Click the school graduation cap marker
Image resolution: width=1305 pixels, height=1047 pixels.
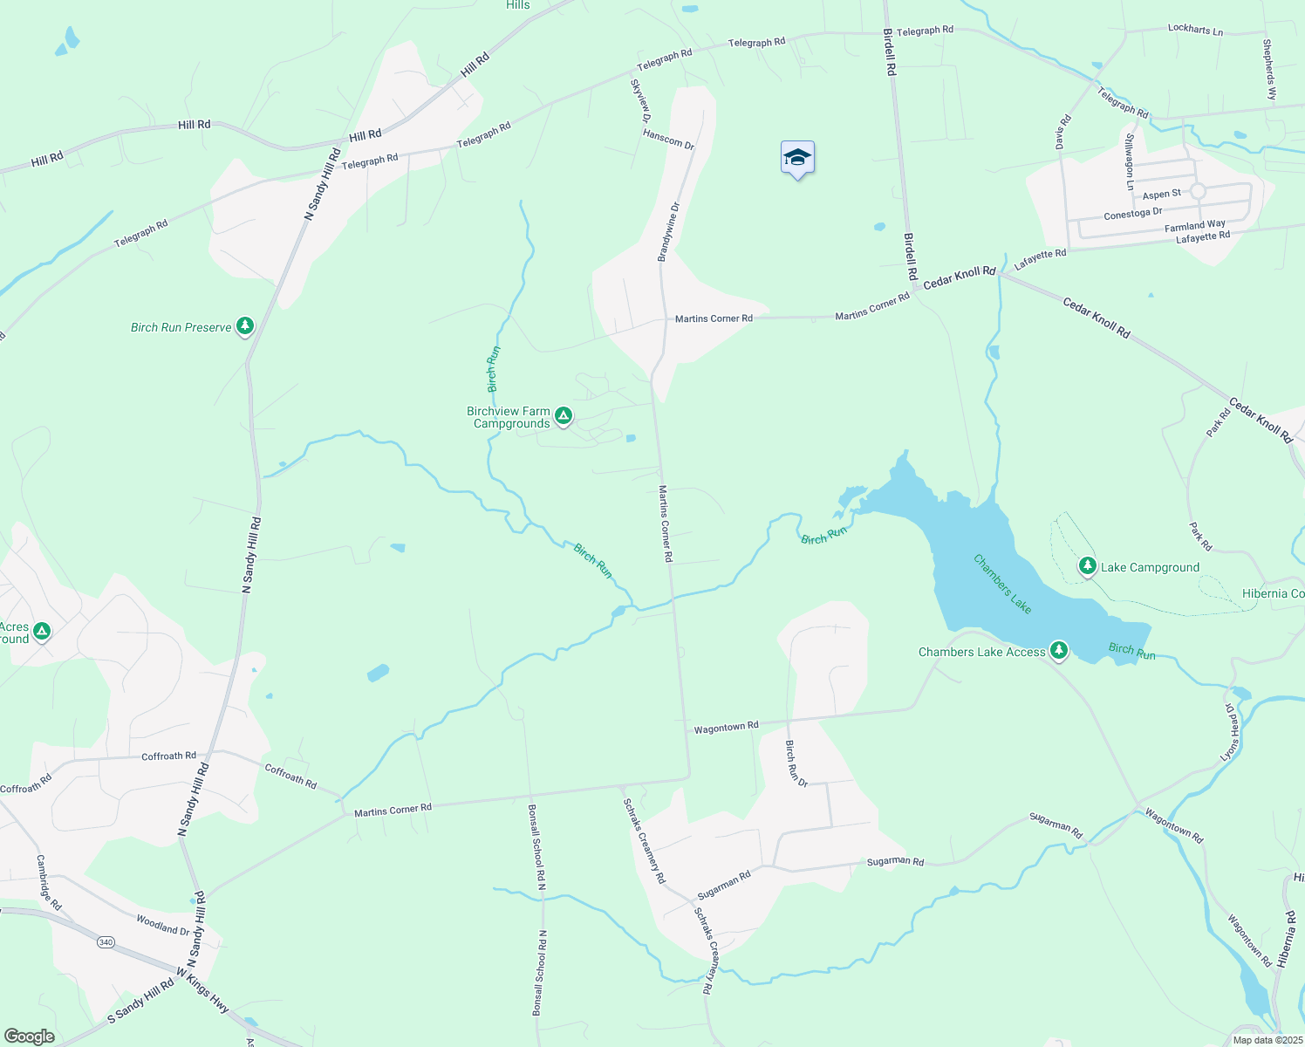(x=797, y=159)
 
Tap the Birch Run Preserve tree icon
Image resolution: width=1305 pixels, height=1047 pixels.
(x=245, y=326)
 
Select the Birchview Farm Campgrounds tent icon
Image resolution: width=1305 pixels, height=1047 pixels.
(x=564, y=416)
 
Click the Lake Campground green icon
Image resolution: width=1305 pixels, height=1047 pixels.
(x=1087, y=566)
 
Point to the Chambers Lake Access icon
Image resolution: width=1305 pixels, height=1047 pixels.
(x=1058, y=651)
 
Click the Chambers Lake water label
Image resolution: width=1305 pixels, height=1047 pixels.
(x=1002, y=584)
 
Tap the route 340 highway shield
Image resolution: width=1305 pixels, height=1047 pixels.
(x=106, y=941)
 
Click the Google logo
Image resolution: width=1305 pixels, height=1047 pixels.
(x=30, y=1036)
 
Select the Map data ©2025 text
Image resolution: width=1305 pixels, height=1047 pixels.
(x=1267, y=1039)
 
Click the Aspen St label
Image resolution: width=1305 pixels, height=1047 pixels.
(x=1161, y=195)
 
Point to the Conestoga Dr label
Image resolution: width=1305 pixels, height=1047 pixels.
(x=1132, y=214)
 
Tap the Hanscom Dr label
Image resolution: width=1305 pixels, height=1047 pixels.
(x=668, y=139)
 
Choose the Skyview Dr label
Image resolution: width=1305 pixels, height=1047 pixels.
(x=640, y=100)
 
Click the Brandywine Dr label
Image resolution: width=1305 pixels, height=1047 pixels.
(x=667, y=232)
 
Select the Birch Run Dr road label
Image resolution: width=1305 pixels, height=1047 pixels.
(x=796, y=763)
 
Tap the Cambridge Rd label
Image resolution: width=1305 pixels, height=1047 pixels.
(x=49, y=882)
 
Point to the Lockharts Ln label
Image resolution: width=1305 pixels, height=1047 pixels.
(x=1195, y=30)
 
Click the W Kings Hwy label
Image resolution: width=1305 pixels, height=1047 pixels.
(x=202, y=990)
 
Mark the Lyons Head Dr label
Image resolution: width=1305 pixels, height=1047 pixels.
(x=1230, y=733)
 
